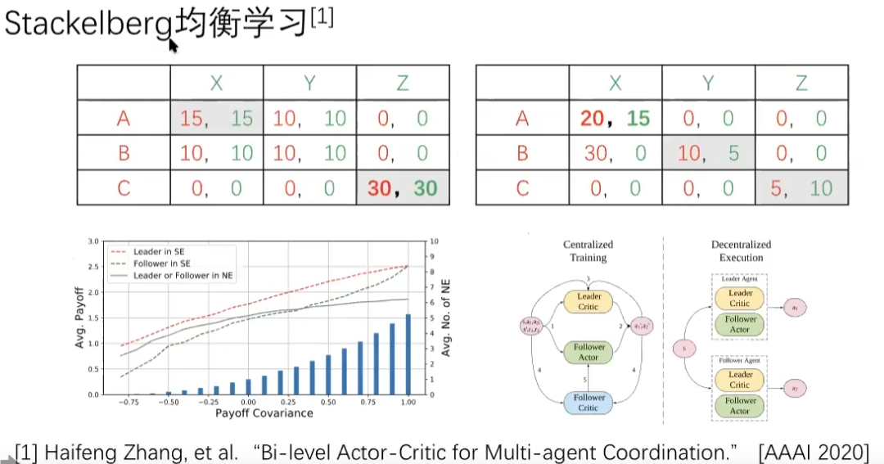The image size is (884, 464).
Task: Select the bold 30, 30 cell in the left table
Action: pos(402,187)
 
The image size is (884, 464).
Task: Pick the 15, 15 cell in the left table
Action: pos(217,119)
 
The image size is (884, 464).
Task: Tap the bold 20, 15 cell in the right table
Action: pos(615,119)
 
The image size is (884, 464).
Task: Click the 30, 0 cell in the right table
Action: pos(615,153)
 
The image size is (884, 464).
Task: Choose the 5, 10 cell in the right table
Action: pos(801,187)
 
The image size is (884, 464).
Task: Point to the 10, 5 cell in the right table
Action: pos(708,153)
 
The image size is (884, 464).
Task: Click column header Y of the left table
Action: pos(309,83)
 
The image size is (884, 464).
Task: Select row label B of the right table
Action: pos(522,153)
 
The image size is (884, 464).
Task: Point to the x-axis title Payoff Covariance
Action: pos(264,413)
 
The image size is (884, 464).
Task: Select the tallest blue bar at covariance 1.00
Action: pos(407,354)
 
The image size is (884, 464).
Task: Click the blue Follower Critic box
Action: pos(589,403)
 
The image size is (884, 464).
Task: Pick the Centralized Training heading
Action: pos(588,250)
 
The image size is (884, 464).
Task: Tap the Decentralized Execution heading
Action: pos(742,250)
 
